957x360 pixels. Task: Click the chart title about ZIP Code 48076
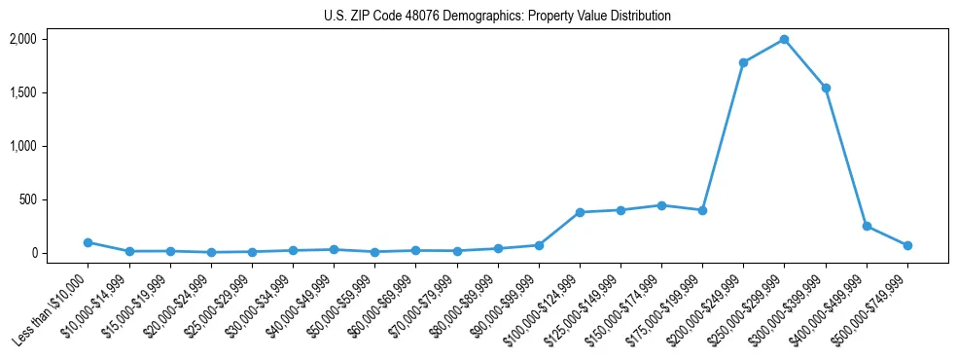(497, 17)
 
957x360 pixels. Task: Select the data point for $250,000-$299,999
(784, 40)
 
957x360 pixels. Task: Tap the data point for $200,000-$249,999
(743, 62)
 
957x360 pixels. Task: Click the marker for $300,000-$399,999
(826, 88)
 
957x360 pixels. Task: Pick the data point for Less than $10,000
(88, 242)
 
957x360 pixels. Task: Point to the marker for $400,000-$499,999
(867, 226)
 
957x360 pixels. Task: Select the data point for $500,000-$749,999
(907, 245)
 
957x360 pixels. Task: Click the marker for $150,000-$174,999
(661, 205)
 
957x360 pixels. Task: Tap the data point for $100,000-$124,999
(580, 212)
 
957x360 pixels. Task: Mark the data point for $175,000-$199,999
(702, 210)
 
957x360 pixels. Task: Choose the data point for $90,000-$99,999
(539, 245)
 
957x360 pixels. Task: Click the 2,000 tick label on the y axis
(22, 39)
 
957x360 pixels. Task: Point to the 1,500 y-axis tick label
(22, 92)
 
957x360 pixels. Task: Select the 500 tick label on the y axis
(27, 199)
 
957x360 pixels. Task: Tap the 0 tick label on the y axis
(32, 253)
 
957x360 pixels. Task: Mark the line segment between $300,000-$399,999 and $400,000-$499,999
(846, 157)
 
